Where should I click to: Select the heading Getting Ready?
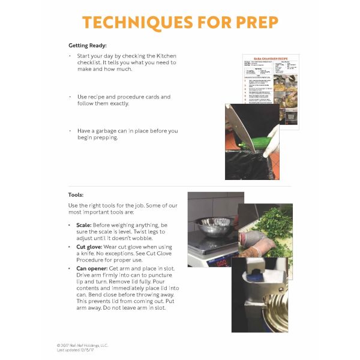click(x=88, y=46)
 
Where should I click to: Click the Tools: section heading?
click(x=76, y=195)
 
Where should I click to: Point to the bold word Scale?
click(x=84, y=224)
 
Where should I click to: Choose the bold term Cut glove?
click(x=89, y=247)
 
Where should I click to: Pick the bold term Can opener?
click(x=92, y=269)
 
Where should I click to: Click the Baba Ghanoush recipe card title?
click(x=270, y=58)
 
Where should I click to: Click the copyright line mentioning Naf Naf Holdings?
click(x=83, y=345)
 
